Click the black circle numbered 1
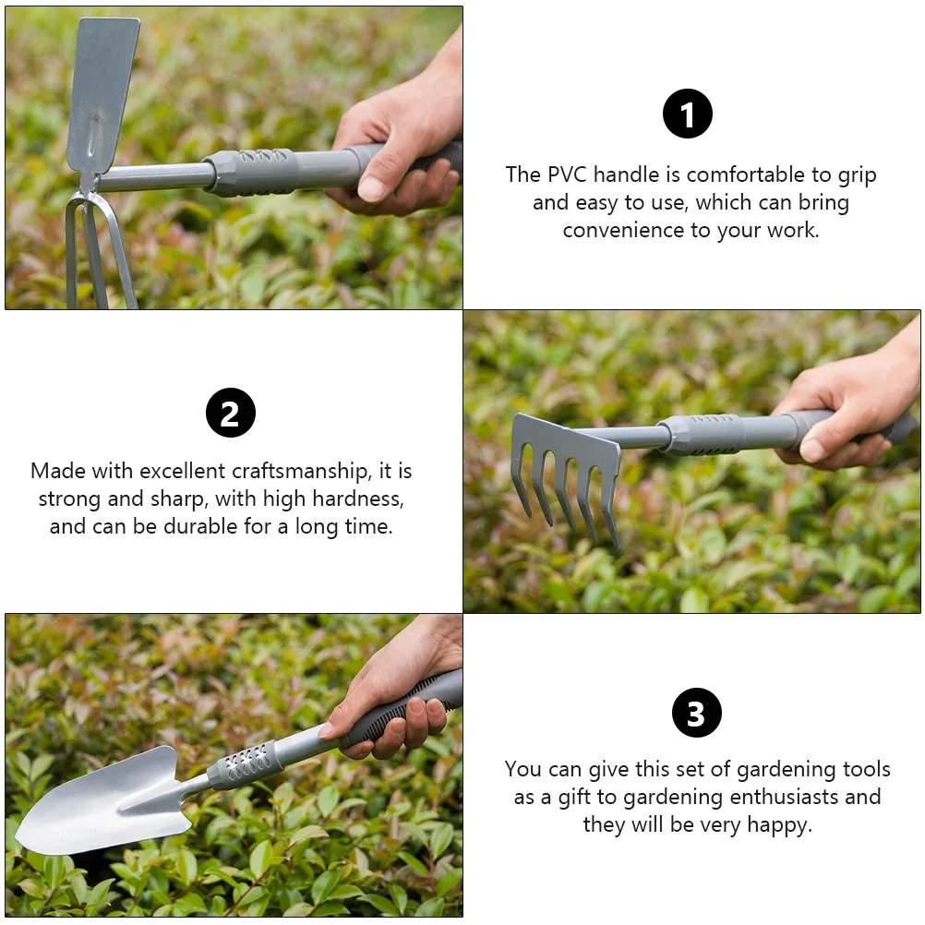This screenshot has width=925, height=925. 687,114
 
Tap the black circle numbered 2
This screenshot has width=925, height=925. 231,413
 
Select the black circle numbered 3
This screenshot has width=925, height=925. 697,713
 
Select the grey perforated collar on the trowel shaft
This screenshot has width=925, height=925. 246,765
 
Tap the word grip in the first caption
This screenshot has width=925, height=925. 858,175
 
